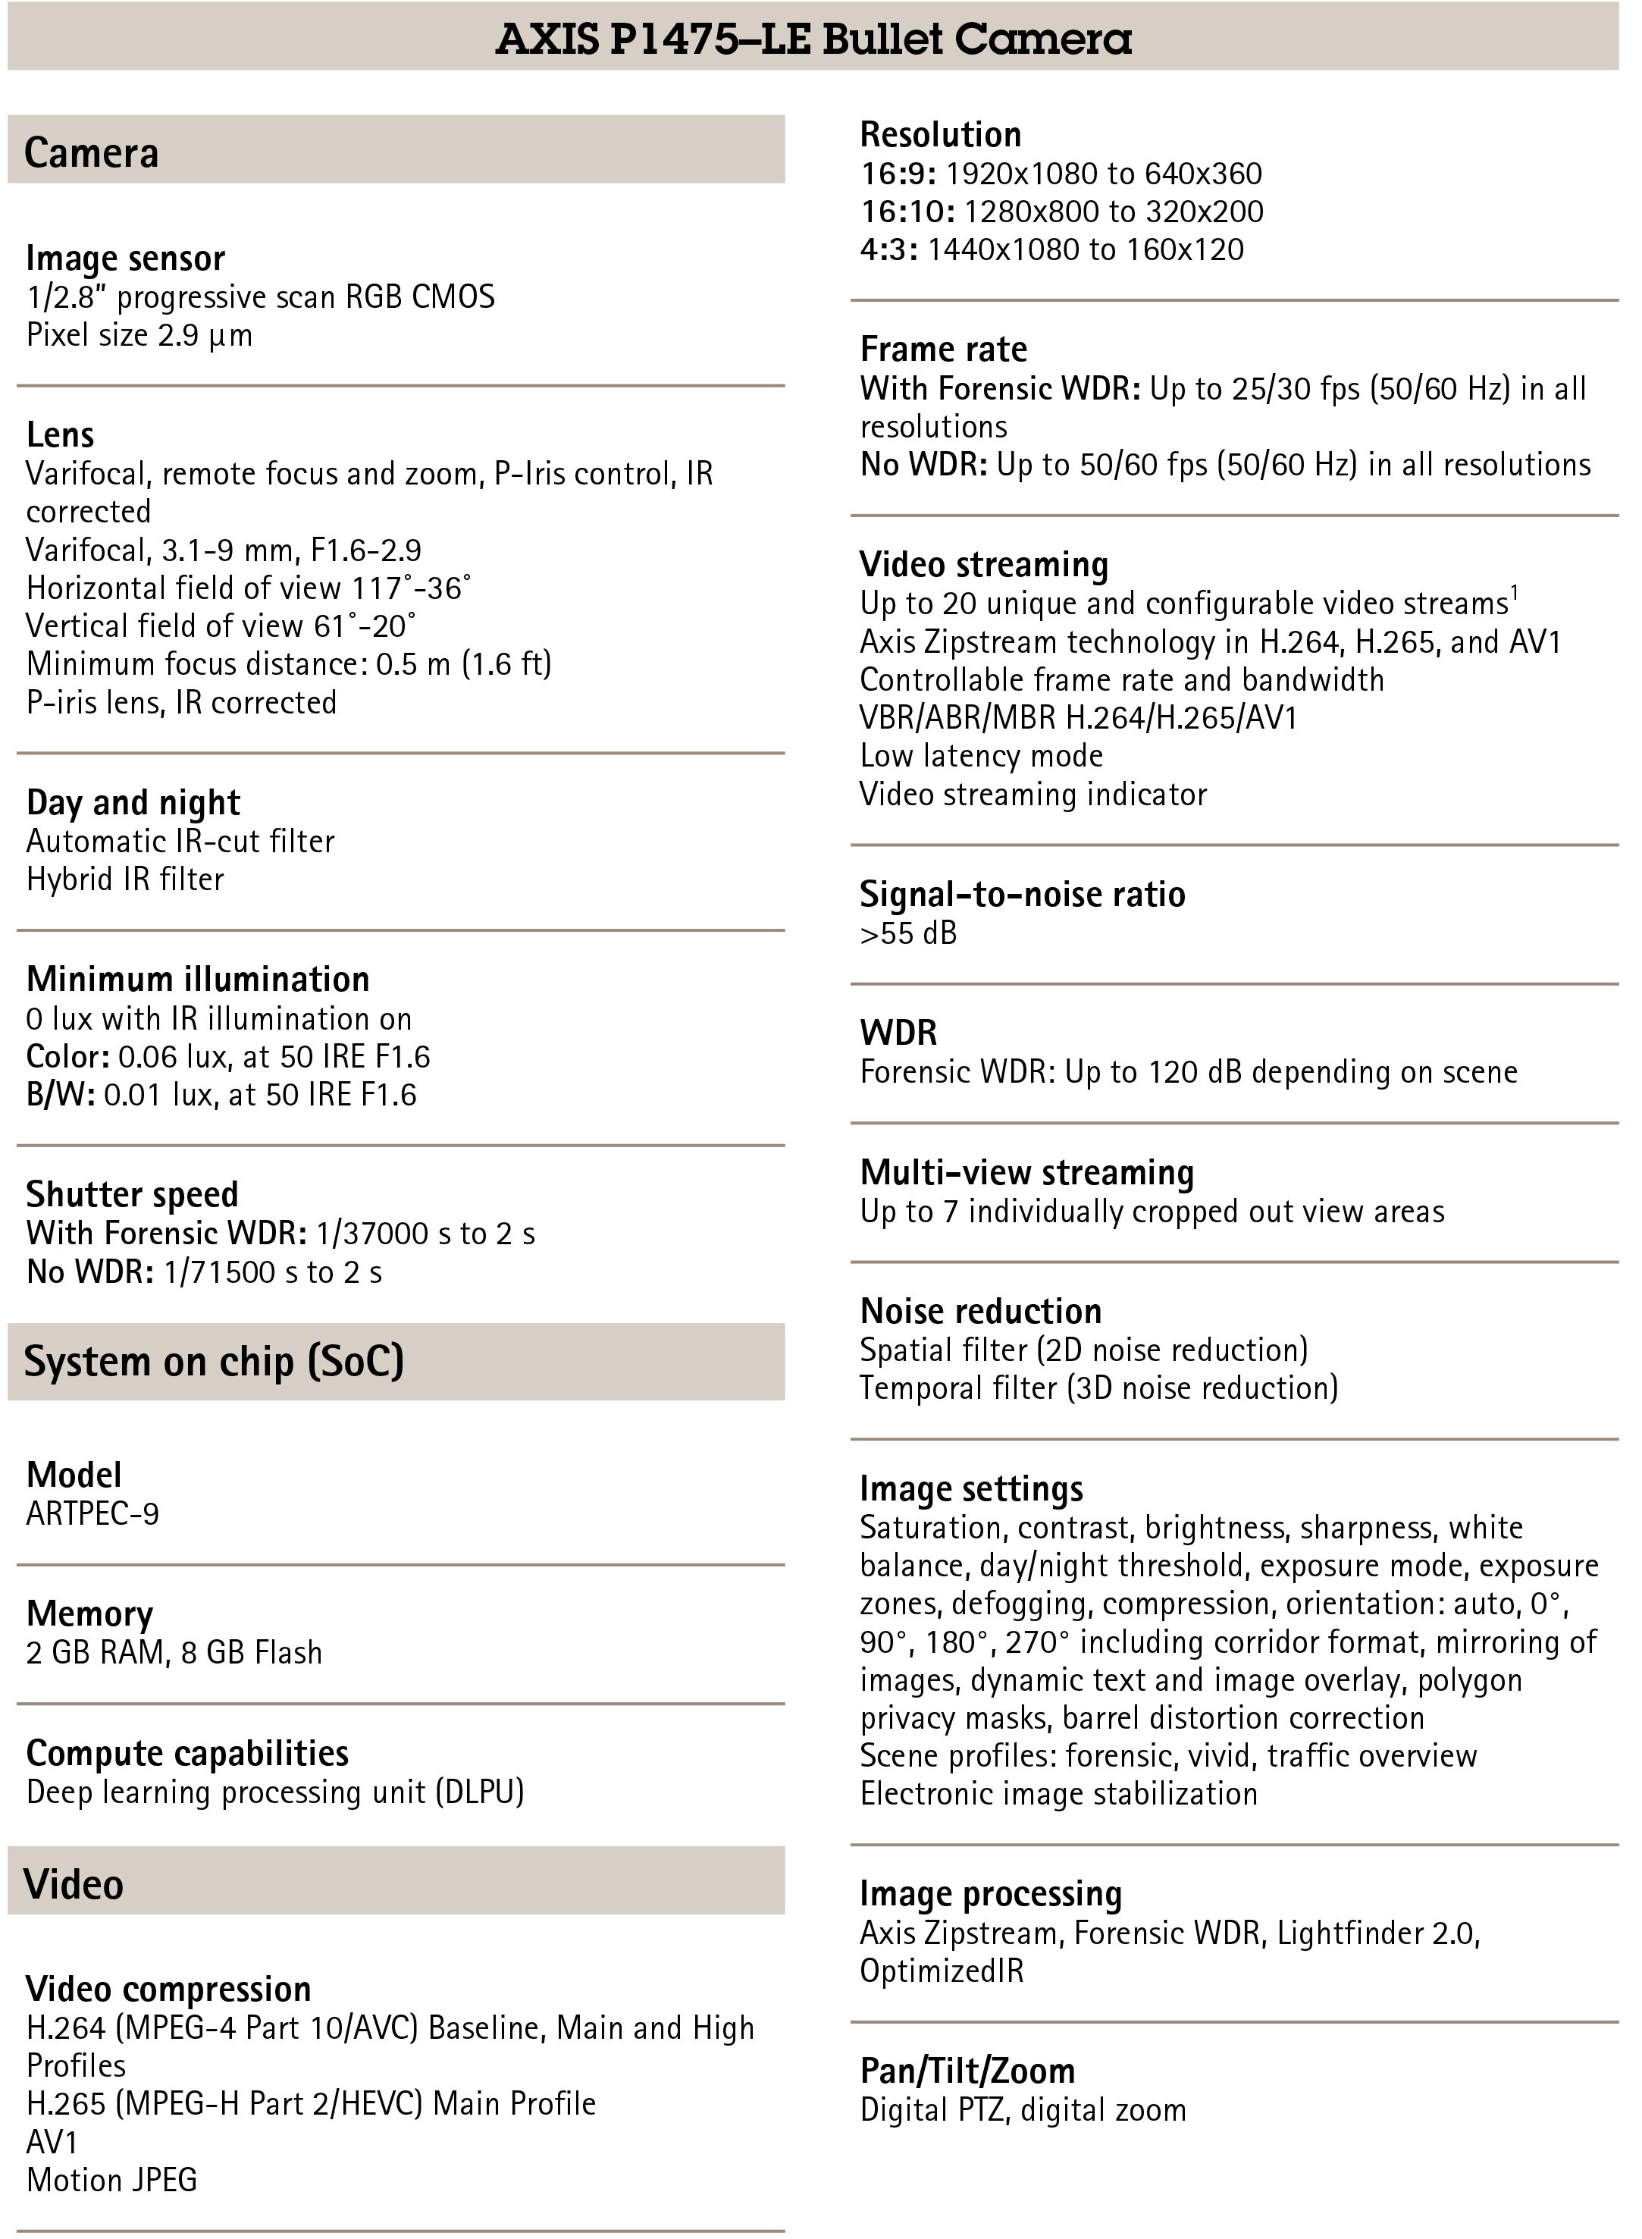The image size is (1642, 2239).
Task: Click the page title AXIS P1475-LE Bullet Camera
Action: pos(813,39)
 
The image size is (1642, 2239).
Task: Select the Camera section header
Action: pos(92,153)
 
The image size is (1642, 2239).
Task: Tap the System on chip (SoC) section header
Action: pos(214,1361)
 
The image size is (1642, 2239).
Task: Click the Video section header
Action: pos(74,1884)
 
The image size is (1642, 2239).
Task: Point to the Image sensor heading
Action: pos(125,259)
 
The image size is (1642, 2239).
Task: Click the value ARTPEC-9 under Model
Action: pos(92,1513)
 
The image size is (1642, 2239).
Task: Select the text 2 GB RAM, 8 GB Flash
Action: pos(174,1652)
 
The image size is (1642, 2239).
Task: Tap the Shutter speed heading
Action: pos(132,1194)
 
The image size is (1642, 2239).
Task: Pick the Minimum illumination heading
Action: pos(198,980)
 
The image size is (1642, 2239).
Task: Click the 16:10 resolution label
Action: pos(907,212)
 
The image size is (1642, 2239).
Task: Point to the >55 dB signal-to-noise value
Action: pos(907,933)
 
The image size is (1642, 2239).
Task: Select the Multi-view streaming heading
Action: pos(1026,1173)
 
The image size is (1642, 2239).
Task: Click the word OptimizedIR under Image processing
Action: pos(942,1971)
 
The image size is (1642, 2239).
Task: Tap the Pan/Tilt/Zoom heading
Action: pos(967,2071)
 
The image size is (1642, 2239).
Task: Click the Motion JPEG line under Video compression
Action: pos(112,2179)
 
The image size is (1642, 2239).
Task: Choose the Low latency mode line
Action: pos(981,756)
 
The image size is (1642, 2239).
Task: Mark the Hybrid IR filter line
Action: pos(125,879)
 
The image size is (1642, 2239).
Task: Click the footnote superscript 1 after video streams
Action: pos(1514,594)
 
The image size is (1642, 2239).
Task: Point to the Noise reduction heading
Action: pos(980,1312)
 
